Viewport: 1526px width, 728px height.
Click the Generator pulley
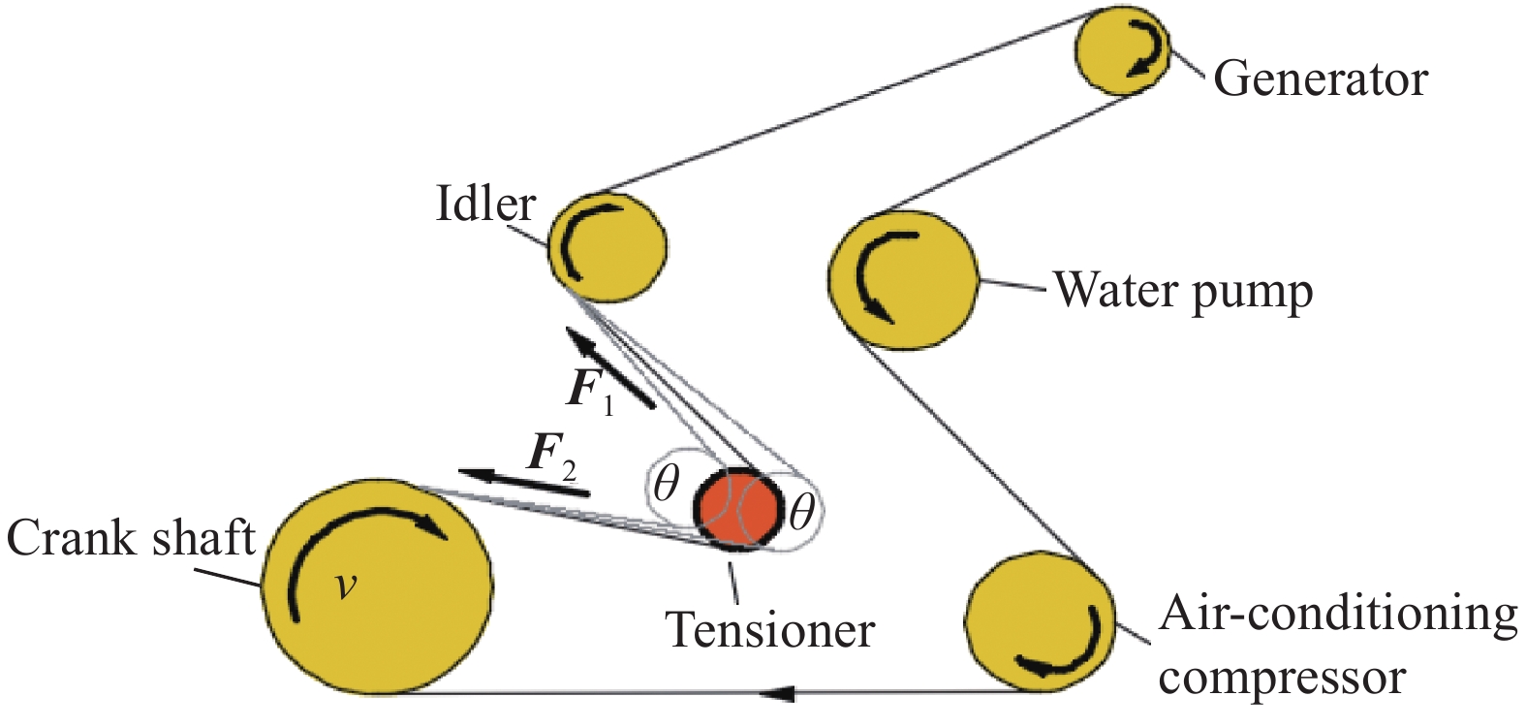pos(1123,50)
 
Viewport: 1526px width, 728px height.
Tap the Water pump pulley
pos(903,279)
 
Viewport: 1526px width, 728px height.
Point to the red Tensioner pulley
pos(739,508)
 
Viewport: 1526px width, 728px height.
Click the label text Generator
pos(1320,79)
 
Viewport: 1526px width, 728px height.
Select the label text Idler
pos(485,205)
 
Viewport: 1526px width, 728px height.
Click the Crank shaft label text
pos(131,538)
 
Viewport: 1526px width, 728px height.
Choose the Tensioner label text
pos(770,630)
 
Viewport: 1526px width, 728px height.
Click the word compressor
pos(1281,678)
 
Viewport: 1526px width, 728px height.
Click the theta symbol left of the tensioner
pos(666,482)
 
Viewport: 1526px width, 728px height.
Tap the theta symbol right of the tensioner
pos(800,511)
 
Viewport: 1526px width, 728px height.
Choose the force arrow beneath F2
pos(523,483)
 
